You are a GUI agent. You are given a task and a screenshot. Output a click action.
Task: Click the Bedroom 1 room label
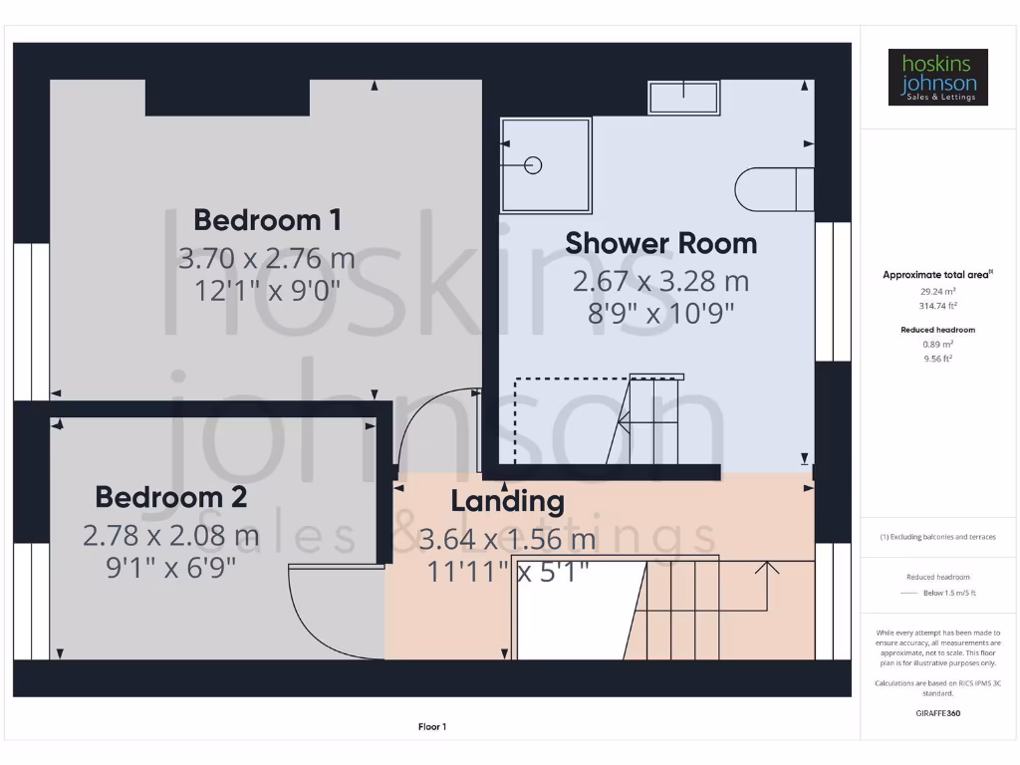click(267, 219)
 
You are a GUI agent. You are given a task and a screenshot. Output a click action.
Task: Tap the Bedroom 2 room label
click(170, 496)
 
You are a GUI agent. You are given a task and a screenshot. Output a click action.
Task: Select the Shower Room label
click(660, 243)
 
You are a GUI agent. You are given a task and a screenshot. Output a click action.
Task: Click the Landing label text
click(507, 501)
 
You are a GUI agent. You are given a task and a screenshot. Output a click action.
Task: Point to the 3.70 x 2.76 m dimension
click(267, 258)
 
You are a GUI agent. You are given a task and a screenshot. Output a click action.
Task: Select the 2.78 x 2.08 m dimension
click(170, 536)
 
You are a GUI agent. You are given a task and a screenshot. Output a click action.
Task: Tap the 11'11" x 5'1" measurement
click(507, 573)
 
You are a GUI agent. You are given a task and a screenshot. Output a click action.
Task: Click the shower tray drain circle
click(533, 165)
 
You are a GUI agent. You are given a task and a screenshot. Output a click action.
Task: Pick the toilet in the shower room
click(773, 189)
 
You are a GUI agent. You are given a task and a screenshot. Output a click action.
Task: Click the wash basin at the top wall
click(683, 99)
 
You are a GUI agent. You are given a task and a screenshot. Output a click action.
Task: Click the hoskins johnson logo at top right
click(937, 78)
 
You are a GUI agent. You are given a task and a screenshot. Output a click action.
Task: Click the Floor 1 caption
click(432, 727)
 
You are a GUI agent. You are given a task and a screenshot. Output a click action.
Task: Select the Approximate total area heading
click(936, 275)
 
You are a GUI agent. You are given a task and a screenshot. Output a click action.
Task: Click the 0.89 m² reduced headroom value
click(937, 344)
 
